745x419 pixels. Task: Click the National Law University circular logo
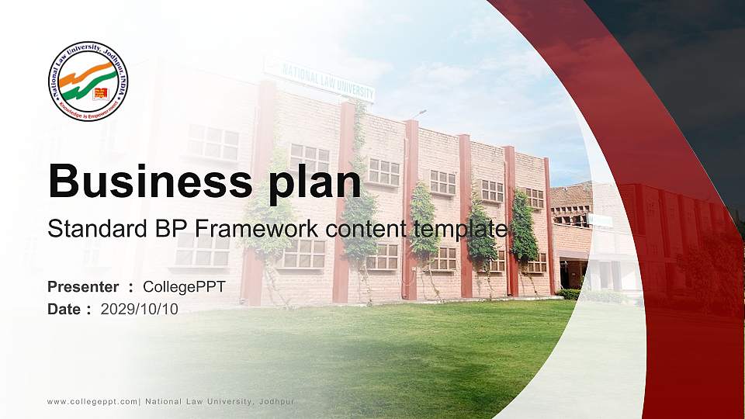(x=88, y=81)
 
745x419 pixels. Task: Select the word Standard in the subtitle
(x=86, y=229)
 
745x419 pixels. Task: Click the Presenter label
(x=83, y=287)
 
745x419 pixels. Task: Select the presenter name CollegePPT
(x=184, y=287)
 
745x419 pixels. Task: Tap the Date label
(x=65, y=310)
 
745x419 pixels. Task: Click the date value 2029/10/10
(x=140, y=310)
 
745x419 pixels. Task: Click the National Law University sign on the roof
(x=318, y=79)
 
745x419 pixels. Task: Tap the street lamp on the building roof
(x=420, y=114)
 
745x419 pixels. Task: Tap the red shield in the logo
(x=100, y=95)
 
